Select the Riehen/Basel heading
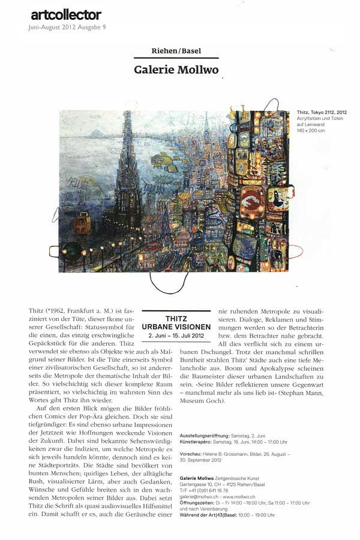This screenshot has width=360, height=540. (x=176, y=52)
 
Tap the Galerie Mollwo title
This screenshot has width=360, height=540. (x=176, y=70)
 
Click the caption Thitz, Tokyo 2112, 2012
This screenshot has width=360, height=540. (x=321, y=112)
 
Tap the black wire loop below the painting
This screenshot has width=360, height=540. (x=169, y=282)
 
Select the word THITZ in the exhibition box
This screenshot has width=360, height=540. (x=176, y=320)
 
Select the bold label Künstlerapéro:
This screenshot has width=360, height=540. (x=196, y=442)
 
